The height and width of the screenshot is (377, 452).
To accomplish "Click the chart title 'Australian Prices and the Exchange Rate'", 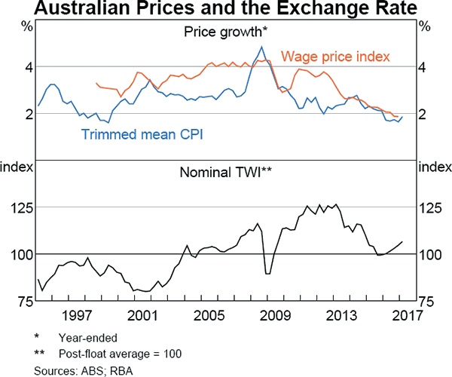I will tap(226, 10).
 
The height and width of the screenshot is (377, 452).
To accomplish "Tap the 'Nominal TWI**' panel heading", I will tap(225, 171).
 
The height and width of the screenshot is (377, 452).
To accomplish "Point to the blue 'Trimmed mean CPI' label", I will tap(143, 134).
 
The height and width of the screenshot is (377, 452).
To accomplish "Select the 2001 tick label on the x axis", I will tap(142, 315).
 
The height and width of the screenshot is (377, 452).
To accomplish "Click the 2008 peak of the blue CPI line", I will tap(261, 47).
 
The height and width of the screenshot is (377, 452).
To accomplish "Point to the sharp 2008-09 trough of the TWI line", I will tap(267, 273).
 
